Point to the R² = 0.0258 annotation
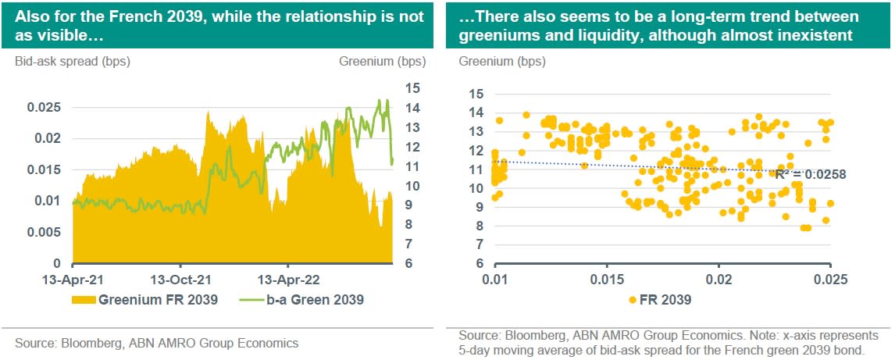810,175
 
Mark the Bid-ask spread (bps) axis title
72,61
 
